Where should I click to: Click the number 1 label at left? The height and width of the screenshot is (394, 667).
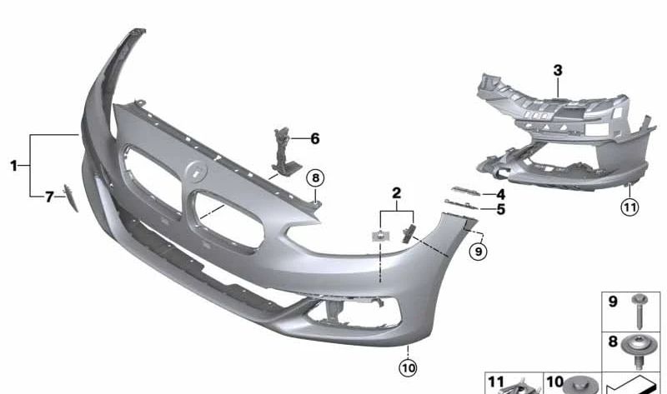point(13,167)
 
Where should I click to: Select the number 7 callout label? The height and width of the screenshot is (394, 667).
point(49,197)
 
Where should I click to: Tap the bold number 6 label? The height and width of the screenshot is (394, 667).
point(314,139)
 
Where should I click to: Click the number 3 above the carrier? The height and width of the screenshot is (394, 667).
point(558,71)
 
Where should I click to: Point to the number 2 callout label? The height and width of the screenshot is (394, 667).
point(397,193)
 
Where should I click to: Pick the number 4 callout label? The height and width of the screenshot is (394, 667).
point(500,193)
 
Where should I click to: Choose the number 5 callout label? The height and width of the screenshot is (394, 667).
point(500,209)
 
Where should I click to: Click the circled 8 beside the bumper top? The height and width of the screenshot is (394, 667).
point(314,177)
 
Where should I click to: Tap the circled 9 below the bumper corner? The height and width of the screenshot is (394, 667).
point(478,248)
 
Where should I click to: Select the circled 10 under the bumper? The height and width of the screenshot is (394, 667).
point(408,367)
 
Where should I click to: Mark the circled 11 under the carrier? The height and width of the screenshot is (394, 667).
point(629,207)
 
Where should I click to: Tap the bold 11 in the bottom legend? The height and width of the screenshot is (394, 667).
point(496,382)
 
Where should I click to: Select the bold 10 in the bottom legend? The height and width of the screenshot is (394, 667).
point(554,382)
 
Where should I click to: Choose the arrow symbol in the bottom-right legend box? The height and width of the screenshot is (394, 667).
point(637,385)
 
